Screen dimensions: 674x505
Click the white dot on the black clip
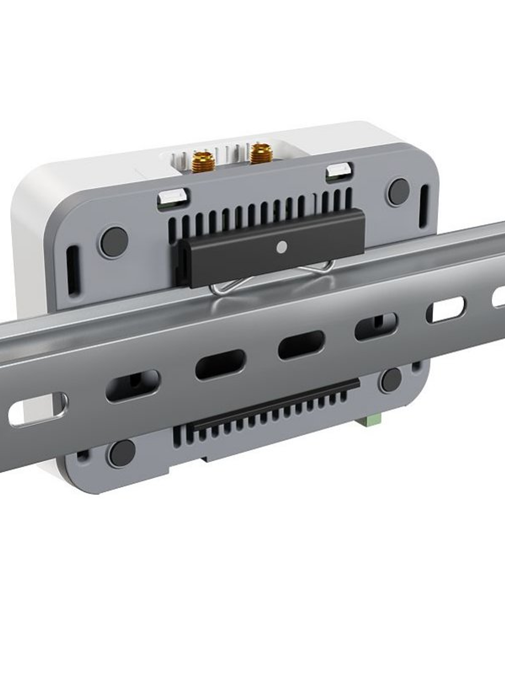(281, 247)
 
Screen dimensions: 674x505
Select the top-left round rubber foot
(114, 242)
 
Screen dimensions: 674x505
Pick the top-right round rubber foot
(399, 192)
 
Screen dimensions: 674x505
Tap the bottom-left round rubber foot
(122, 453)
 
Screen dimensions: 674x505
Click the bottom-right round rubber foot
(391, 380)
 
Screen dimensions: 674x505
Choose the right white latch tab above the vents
(339, 171)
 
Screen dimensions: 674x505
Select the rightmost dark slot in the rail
(376, 326)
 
